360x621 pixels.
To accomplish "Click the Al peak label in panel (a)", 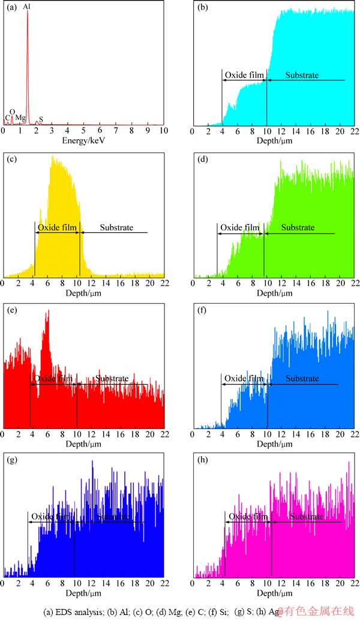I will coord(27,7).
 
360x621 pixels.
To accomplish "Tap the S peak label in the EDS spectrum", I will coord(41,119).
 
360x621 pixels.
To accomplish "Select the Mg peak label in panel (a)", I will coord(20,118).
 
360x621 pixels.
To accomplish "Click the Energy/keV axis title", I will coord(83,140).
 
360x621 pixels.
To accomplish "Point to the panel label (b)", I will coord(202,8).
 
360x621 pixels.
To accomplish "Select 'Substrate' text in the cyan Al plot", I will coord(301,76).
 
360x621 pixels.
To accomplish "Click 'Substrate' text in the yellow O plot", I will coord(116,227).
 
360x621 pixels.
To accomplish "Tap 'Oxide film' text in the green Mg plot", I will coord(239,227).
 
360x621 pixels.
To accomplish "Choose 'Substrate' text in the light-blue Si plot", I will coord(302,379).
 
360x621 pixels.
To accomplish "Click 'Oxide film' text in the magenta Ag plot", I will coord(247,517).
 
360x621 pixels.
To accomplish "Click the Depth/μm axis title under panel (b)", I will coord(275,140).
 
